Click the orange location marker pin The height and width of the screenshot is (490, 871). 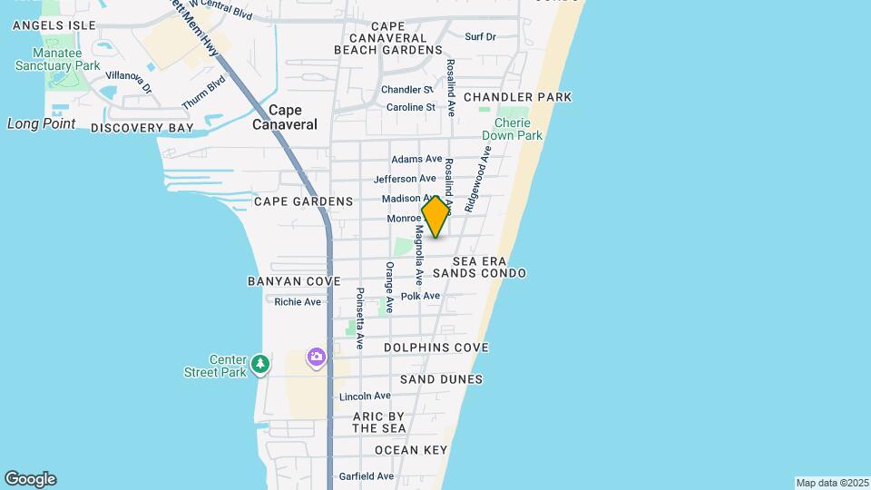click(435, 217)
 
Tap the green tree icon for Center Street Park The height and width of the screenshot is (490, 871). click(260, 364)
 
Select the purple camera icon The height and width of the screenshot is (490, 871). click(317, 358)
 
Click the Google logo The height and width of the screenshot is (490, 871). click(30, 479)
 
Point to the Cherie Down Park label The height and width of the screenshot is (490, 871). click(518, 129)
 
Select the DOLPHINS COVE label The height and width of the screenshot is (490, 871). click(435, 348)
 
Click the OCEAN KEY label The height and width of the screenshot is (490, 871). click(411, 450)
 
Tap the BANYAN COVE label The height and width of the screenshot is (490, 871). click(293, 281)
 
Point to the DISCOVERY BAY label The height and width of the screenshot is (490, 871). click(142, 128)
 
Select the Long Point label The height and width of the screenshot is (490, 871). click(41, 123)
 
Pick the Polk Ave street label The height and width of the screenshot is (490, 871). click(420, 296)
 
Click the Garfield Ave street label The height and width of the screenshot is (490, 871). click(367, 475)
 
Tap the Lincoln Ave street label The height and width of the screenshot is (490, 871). click(365, 397)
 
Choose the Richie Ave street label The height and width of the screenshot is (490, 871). click(298, 302)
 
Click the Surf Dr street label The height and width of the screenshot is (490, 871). click(480, 36)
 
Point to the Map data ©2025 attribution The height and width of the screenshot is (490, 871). click(832, 483)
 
